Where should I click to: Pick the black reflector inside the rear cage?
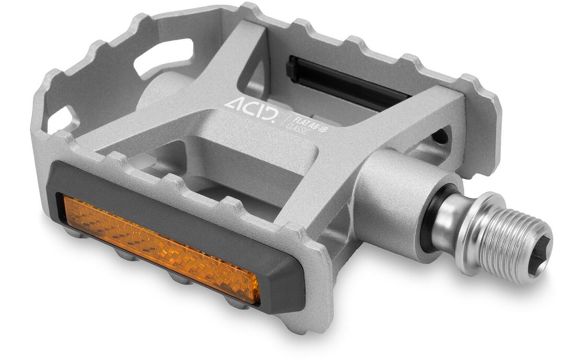[345, 82]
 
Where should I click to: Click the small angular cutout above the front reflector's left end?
[61, 119]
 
